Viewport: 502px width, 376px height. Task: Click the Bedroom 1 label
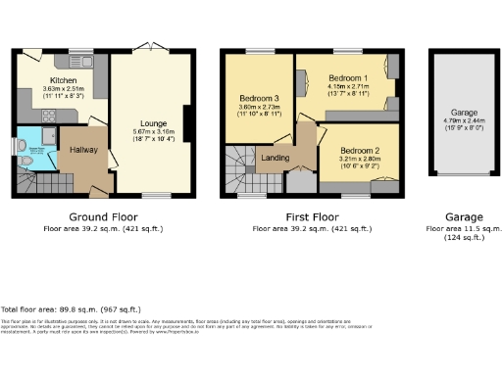(348, 77)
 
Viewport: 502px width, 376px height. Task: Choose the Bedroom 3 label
(258, 98)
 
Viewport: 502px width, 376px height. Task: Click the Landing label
(274, 157)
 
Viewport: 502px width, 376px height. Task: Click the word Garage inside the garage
(464, 113)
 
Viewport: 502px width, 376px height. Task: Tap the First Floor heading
(312, 216)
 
